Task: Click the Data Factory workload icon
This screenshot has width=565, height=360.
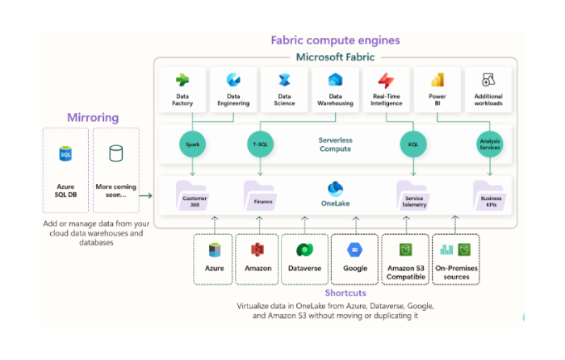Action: [182, 80]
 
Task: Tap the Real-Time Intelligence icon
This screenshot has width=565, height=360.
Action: [387, 80]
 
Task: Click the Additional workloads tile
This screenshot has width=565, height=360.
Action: [489, 89]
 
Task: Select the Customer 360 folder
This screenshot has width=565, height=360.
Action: [194, 196]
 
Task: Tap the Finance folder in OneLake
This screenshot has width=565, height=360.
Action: [260, 196]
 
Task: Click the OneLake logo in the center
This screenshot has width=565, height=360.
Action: [335, 190]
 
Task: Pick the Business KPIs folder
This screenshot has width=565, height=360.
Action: [490, 196]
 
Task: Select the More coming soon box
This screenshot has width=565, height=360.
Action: [116, 170]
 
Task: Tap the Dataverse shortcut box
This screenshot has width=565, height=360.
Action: [305, 258]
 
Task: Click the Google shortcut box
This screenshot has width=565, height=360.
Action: [355, 258]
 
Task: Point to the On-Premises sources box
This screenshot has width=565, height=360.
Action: [455, 258]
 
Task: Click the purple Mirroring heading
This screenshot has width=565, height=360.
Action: [92, 117]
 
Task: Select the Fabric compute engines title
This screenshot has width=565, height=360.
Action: [335, 40]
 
